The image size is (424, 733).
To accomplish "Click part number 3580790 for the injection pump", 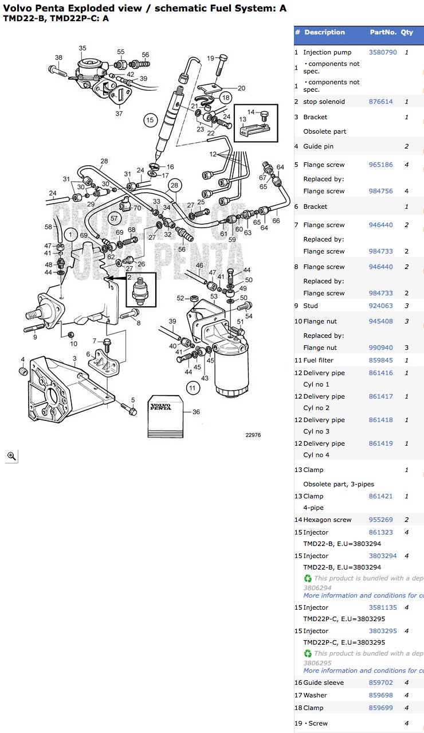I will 382,52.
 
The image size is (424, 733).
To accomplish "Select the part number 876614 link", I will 380,102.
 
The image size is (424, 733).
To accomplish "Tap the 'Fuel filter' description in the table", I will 318,360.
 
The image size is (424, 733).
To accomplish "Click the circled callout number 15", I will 150,120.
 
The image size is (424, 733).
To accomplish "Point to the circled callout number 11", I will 192,388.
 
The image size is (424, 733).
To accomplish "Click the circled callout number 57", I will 114,218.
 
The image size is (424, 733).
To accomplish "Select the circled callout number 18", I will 225,97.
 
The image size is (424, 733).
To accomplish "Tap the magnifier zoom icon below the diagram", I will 11,456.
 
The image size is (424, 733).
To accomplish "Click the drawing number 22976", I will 253,435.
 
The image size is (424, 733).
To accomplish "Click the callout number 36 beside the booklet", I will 196,412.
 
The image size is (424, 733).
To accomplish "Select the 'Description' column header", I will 324,32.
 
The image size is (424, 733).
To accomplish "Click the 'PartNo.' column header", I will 383,32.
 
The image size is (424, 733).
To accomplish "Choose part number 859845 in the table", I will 380,360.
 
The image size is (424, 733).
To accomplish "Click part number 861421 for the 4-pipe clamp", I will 380,496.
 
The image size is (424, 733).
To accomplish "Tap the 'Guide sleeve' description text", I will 323,683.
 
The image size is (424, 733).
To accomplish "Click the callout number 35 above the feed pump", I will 83,49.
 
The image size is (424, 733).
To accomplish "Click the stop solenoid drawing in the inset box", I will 140,291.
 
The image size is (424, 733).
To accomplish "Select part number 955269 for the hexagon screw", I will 380,520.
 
